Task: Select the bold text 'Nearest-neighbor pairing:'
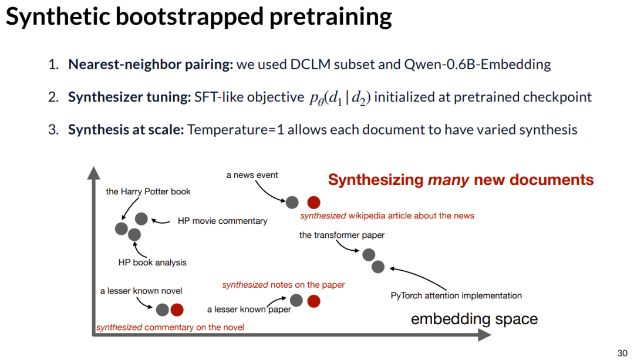[150, 64]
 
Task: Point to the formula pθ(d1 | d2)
[340, 97]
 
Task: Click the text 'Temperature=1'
[235, 129]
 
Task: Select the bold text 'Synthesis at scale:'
[126, 129]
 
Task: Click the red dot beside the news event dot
[314, 203]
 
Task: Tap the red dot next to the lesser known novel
[177, 309]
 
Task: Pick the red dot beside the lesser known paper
[314, 301]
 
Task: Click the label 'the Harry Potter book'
[148, 191]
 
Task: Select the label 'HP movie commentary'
[222, 221]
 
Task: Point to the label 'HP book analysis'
[152, 263]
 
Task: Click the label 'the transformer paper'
[342, 235]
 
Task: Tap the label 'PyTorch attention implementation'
[456, 295]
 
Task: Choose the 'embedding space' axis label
[474, 319]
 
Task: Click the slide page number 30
[622, 352]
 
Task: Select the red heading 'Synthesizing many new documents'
[461, 180]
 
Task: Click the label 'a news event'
[252, 174]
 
